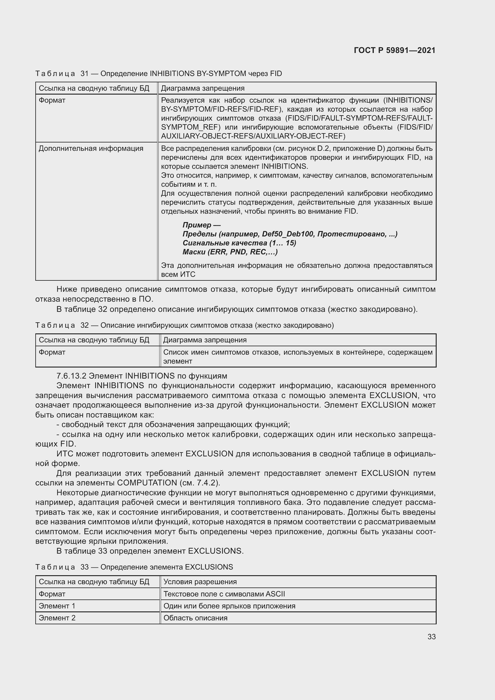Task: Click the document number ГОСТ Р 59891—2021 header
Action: click(394, 50)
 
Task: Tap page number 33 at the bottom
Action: click(431, 637)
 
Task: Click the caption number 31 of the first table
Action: click(84, 74)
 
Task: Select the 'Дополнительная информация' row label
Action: click(91, 148)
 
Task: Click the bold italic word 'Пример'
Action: click(197, 225)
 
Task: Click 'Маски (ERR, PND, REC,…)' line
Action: click(230, 252)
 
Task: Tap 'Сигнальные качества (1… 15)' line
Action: click(239, 243)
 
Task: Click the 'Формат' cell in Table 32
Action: click(52, 352)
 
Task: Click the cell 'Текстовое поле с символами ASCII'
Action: click(224, 593)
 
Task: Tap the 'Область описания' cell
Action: click(195, 618)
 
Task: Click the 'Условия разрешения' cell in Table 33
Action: click(200, 581)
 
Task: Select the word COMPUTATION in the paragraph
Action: click(147, 483)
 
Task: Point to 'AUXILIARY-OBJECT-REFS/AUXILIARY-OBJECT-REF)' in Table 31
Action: click(253, 136)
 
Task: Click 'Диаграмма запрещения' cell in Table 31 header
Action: click(203, 88)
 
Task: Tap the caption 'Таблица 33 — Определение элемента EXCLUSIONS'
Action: click(134, 567)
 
